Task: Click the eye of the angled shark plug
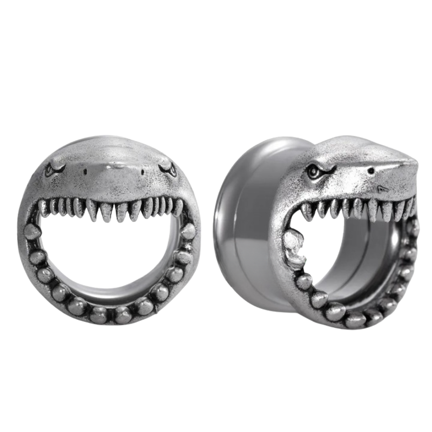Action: click(x=312, y=173)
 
